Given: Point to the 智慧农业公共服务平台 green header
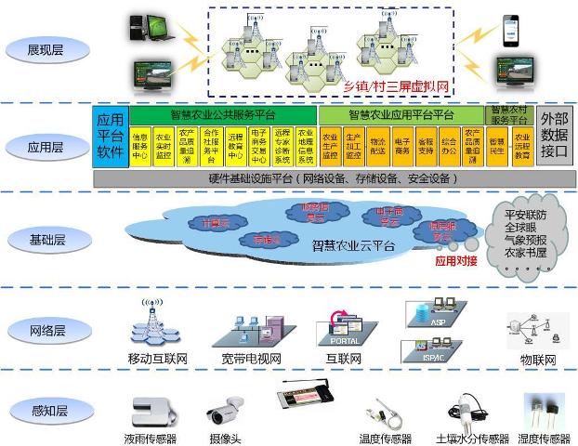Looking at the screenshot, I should pyautogui.click(x=223, y=115).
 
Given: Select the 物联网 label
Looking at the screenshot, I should pyautogui.click(x=537, y=360).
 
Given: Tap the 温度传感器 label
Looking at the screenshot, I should pyautogui.click(x=385, y=438).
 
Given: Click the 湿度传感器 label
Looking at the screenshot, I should pyautogui.click(x=544, y=438).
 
